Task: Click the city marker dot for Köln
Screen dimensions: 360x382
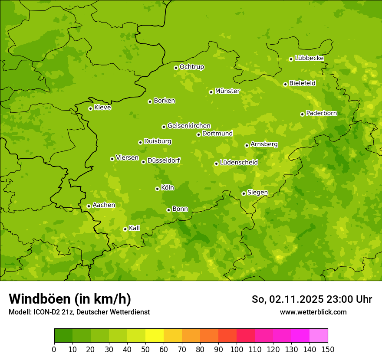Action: [x=157, y=189]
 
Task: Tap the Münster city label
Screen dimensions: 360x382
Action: [x=227, y=91]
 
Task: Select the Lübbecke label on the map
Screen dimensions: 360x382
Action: [x=309, y=58]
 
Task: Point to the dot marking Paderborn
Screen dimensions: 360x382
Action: [x=302, y=114]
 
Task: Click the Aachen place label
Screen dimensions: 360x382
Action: [x=104, y=205]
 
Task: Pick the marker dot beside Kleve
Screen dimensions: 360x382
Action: [x=90, y=108]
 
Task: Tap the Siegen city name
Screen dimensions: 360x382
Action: [x=257, y=193]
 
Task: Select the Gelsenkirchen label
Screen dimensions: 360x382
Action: [x=189, y=126]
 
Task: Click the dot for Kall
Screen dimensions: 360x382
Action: [x=125, y=229]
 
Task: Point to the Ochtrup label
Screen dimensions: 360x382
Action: [x=191, y=67]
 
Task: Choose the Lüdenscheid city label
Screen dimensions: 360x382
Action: [x=239, y=163]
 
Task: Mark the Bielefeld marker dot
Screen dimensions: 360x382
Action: [x=285, y=84]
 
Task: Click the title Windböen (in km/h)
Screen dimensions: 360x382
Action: [x=69, y=299]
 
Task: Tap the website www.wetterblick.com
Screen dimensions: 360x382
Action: [x=313, y=312]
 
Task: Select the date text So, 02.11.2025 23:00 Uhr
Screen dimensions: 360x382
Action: [x=312, y=299]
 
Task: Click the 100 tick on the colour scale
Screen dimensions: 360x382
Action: [x=237, y=350]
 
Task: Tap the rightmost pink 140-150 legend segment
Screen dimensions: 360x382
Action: [x=319, y=336]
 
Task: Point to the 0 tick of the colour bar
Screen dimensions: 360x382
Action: [x=54, y=350]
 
